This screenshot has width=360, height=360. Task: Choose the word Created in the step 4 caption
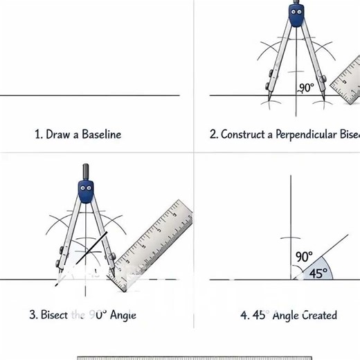coord(318,315)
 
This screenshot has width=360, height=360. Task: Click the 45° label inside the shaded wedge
coord(317,273)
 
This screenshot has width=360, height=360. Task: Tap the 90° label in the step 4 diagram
coord(304,257)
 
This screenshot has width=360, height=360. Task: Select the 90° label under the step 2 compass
coord(305,88)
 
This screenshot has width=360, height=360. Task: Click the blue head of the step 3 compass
coord(87,191)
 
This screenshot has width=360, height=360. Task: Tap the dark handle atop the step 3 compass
coord(87,171)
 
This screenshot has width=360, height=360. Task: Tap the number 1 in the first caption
coord(37,134)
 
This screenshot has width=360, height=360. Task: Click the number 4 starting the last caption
coord(244,315)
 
